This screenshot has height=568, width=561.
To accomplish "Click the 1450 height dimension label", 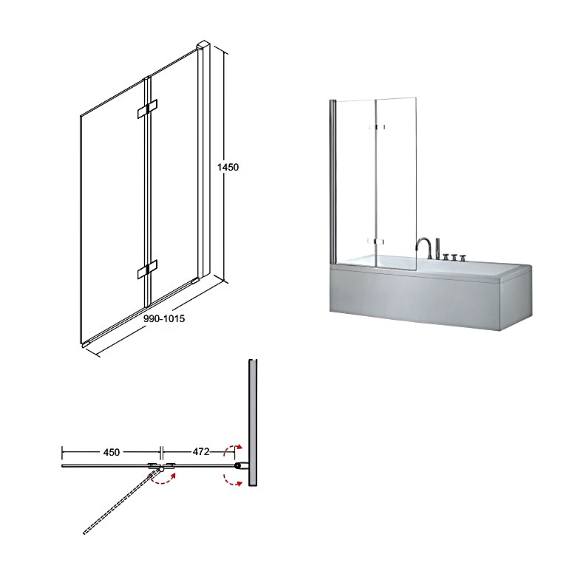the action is pyautogui.click(x=228, y=167).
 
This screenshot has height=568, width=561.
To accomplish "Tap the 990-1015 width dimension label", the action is pyautogui.click(x=164, y=318).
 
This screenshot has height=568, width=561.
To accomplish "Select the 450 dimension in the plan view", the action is pyautogui.click(x=112, y=452).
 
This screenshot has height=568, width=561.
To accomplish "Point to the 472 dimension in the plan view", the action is pyautogui.click(x=201, y=452).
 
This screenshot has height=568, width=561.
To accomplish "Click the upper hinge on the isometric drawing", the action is pyautogui.click(x=147, y=109).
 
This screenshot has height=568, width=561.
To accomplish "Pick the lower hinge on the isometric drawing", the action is pyautogui.click(x=147, y=269).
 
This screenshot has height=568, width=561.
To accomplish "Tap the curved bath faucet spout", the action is pyautogui.click(x=424, y=247).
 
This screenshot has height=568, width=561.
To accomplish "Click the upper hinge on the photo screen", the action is pyautogui.click(x=377, y=127).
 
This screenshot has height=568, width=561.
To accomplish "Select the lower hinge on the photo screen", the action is pyautogui.click(x=375, y=242).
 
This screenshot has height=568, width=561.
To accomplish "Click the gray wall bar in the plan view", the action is pyautogui.click(x=253, y=422).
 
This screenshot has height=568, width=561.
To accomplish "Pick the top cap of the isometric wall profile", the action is pyautogui.click(x=203, y=46).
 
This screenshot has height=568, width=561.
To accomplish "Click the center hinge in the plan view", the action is pyautogui.click(x=161, y=466).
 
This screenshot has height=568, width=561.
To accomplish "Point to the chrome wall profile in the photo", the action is pyautogui.click(x=333, y=181).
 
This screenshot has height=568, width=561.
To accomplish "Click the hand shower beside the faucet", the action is pyautogui.click(x=438, y=248).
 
